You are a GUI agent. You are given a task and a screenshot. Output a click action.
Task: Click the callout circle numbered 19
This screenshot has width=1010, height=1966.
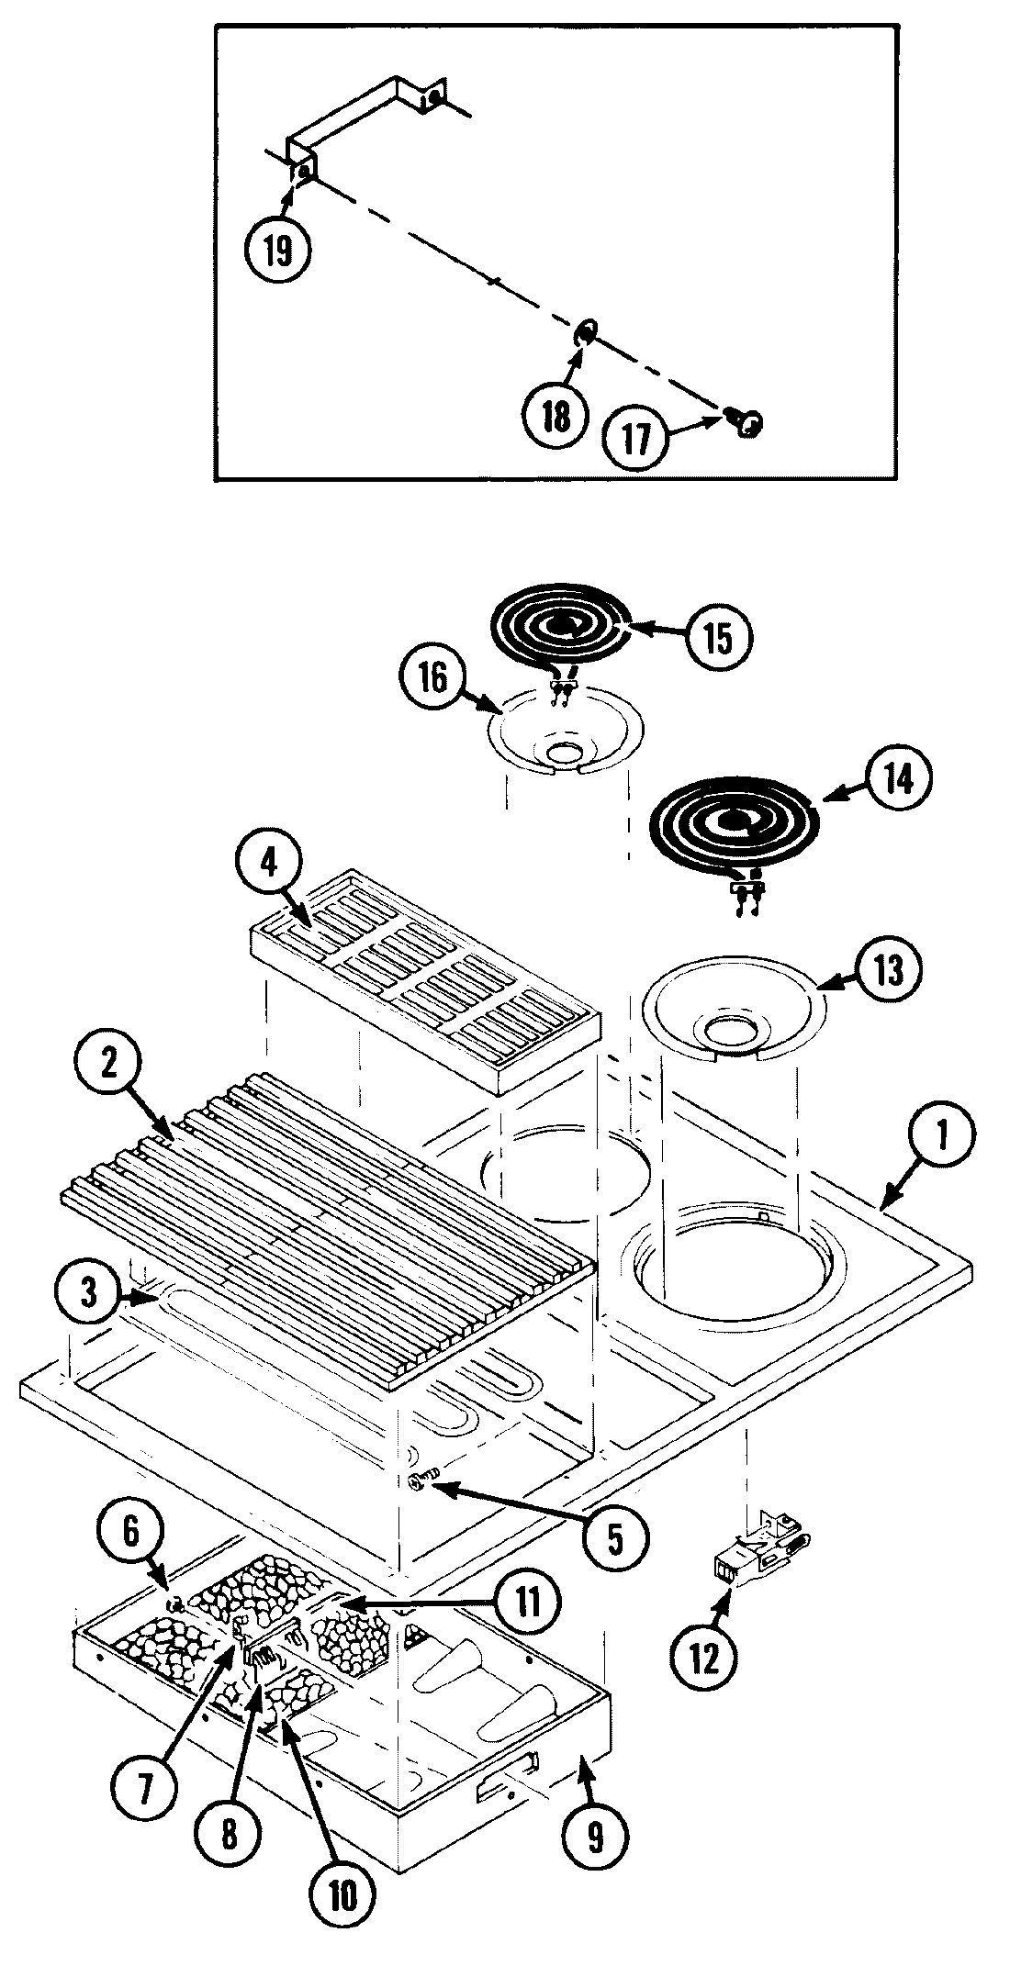coord(277,249)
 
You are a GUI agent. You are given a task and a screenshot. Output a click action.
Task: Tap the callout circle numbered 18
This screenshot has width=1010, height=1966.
coord(555,416)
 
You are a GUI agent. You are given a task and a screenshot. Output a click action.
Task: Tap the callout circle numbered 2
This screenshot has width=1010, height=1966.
coord(109,1062)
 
